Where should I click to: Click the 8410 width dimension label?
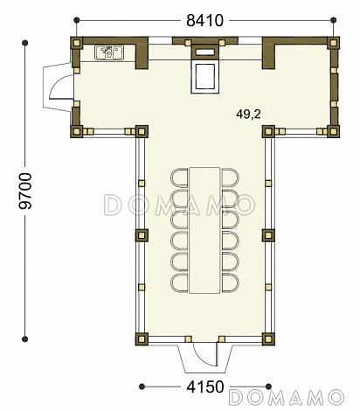point(204,20)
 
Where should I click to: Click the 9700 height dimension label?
point(25,191)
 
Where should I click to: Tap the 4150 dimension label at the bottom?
point(204,387)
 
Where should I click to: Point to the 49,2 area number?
point(248,115)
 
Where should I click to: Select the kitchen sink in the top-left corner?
point(109,52)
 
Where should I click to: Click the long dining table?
point(204,230)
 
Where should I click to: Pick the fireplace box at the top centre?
point(205,69)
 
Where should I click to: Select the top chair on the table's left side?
point(179,178)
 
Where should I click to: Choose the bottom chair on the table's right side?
point(230,283)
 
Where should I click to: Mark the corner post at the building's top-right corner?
point(333,43)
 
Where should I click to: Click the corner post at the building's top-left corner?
point(77,43)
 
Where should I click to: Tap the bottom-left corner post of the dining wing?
point(142,339)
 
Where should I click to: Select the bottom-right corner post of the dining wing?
point(268,339)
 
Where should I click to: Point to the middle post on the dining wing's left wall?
point(142,235)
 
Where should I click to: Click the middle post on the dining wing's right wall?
point(268,235)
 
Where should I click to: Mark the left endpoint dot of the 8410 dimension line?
point(77,20)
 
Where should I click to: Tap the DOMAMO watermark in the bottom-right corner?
point(287,397)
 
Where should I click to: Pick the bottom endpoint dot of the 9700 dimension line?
point(25,339)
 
